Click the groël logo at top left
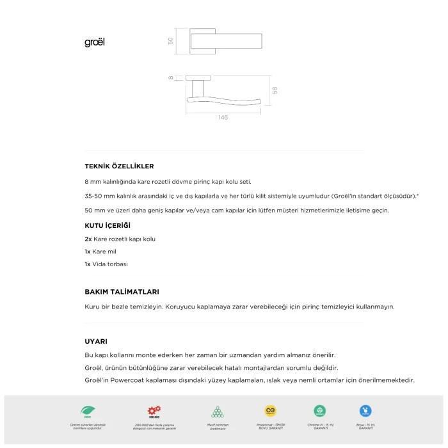tap(94, 42)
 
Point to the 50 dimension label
tap(170, 40)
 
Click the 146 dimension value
tap(223, 118)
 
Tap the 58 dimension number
tap(275, 91)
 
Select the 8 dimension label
tap(171, 78)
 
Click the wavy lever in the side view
tap(224, 103)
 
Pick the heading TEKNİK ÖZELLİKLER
tap(119, 166)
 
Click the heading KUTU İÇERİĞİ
tap(108, 226)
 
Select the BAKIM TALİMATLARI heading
tap(122, 291)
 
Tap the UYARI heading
tap(96, 341)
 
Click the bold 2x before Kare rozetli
tap(88, 239)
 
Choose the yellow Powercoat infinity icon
tap(270, 411)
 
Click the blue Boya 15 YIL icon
tap(366, 411)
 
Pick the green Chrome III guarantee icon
tap(320, 411)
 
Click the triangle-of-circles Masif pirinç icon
tap(218, 412)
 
